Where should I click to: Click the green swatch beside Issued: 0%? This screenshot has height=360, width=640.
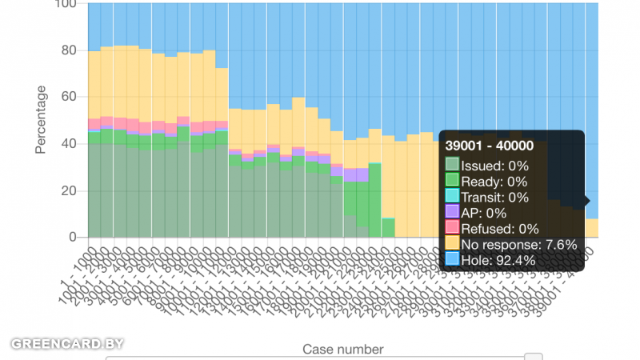pos(452,166)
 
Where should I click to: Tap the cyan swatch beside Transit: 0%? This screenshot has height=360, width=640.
pos(452,197)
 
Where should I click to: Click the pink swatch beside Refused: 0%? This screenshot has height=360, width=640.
pos(452,228)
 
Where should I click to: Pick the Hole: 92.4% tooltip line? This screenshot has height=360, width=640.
pos(498,260)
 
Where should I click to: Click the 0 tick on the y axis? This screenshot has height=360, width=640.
pos(72,237)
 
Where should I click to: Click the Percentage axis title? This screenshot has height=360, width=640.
pos(41,119)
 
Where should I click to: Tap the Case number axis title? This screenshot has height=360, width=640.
pos(342,349)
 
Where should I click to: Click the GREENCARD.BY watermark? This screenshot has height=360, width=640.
pos(67,344)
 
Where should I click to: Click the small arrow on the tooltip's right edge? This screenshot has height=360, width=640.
pos(587,201)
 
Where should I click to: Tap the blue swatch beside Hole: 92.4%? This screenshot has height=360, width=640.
pos(452,259)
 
